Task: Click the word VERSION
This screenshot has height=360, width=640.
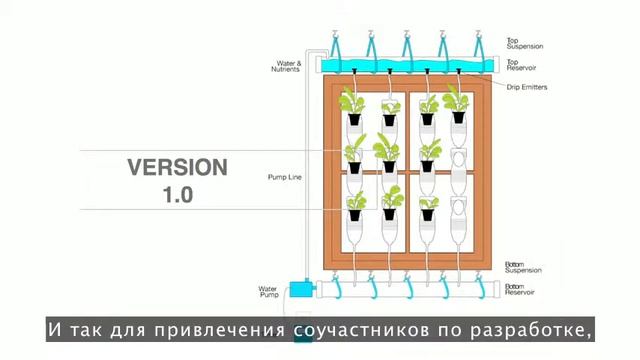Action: click(176, 167)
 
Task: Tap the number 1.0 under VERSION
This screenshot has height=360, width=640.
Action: click(177, 194)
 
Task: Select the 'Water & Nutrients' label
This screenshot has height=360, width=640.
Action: click(287, 67)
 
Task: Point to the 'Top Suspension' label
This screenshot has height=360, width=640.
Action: click(526, 43)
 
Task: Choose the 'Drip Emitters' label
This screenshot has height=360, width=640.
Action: click(527, 87)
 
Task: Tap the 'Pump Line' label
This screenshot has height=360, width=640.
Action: click(284, 177)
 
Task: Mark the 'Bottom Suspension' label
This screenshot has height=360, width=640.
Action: click(526, 269)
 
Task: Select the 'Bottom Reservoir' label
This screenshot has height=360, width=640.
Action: click(525, 290)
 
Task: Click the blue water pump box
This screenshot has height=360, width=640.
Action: click(299, 290)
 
